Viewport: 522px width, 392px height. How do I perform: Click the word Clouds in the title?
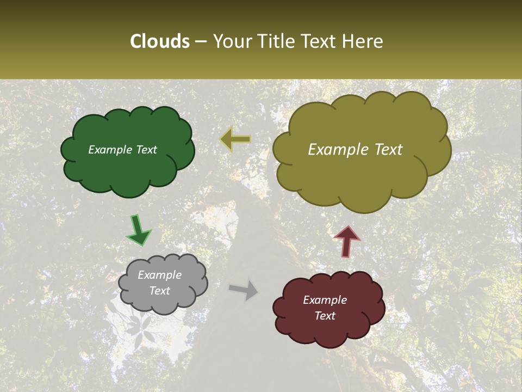tap(160, 41)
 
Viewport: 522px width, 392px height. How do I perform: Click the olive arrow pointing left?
tap(235, 140)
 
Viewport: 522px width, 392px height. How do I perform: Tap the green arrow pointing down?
tap(139, 230)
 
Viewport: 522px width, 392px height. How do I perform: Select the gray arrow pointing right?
tap(244, 289)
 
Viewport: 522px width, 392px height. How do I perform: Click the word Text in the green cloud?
tap(146, 150)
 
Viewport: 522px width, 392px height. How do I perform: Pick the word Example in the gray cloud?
tap(159, 275)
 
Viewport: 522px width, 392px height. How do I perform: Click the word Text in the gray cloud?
tap(160, 291)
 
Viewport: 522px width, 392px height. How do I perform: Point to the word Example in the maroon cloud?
tap(325, 300)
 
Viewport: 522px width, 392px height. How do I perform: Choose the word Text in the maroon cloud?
tap(325, 316)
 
